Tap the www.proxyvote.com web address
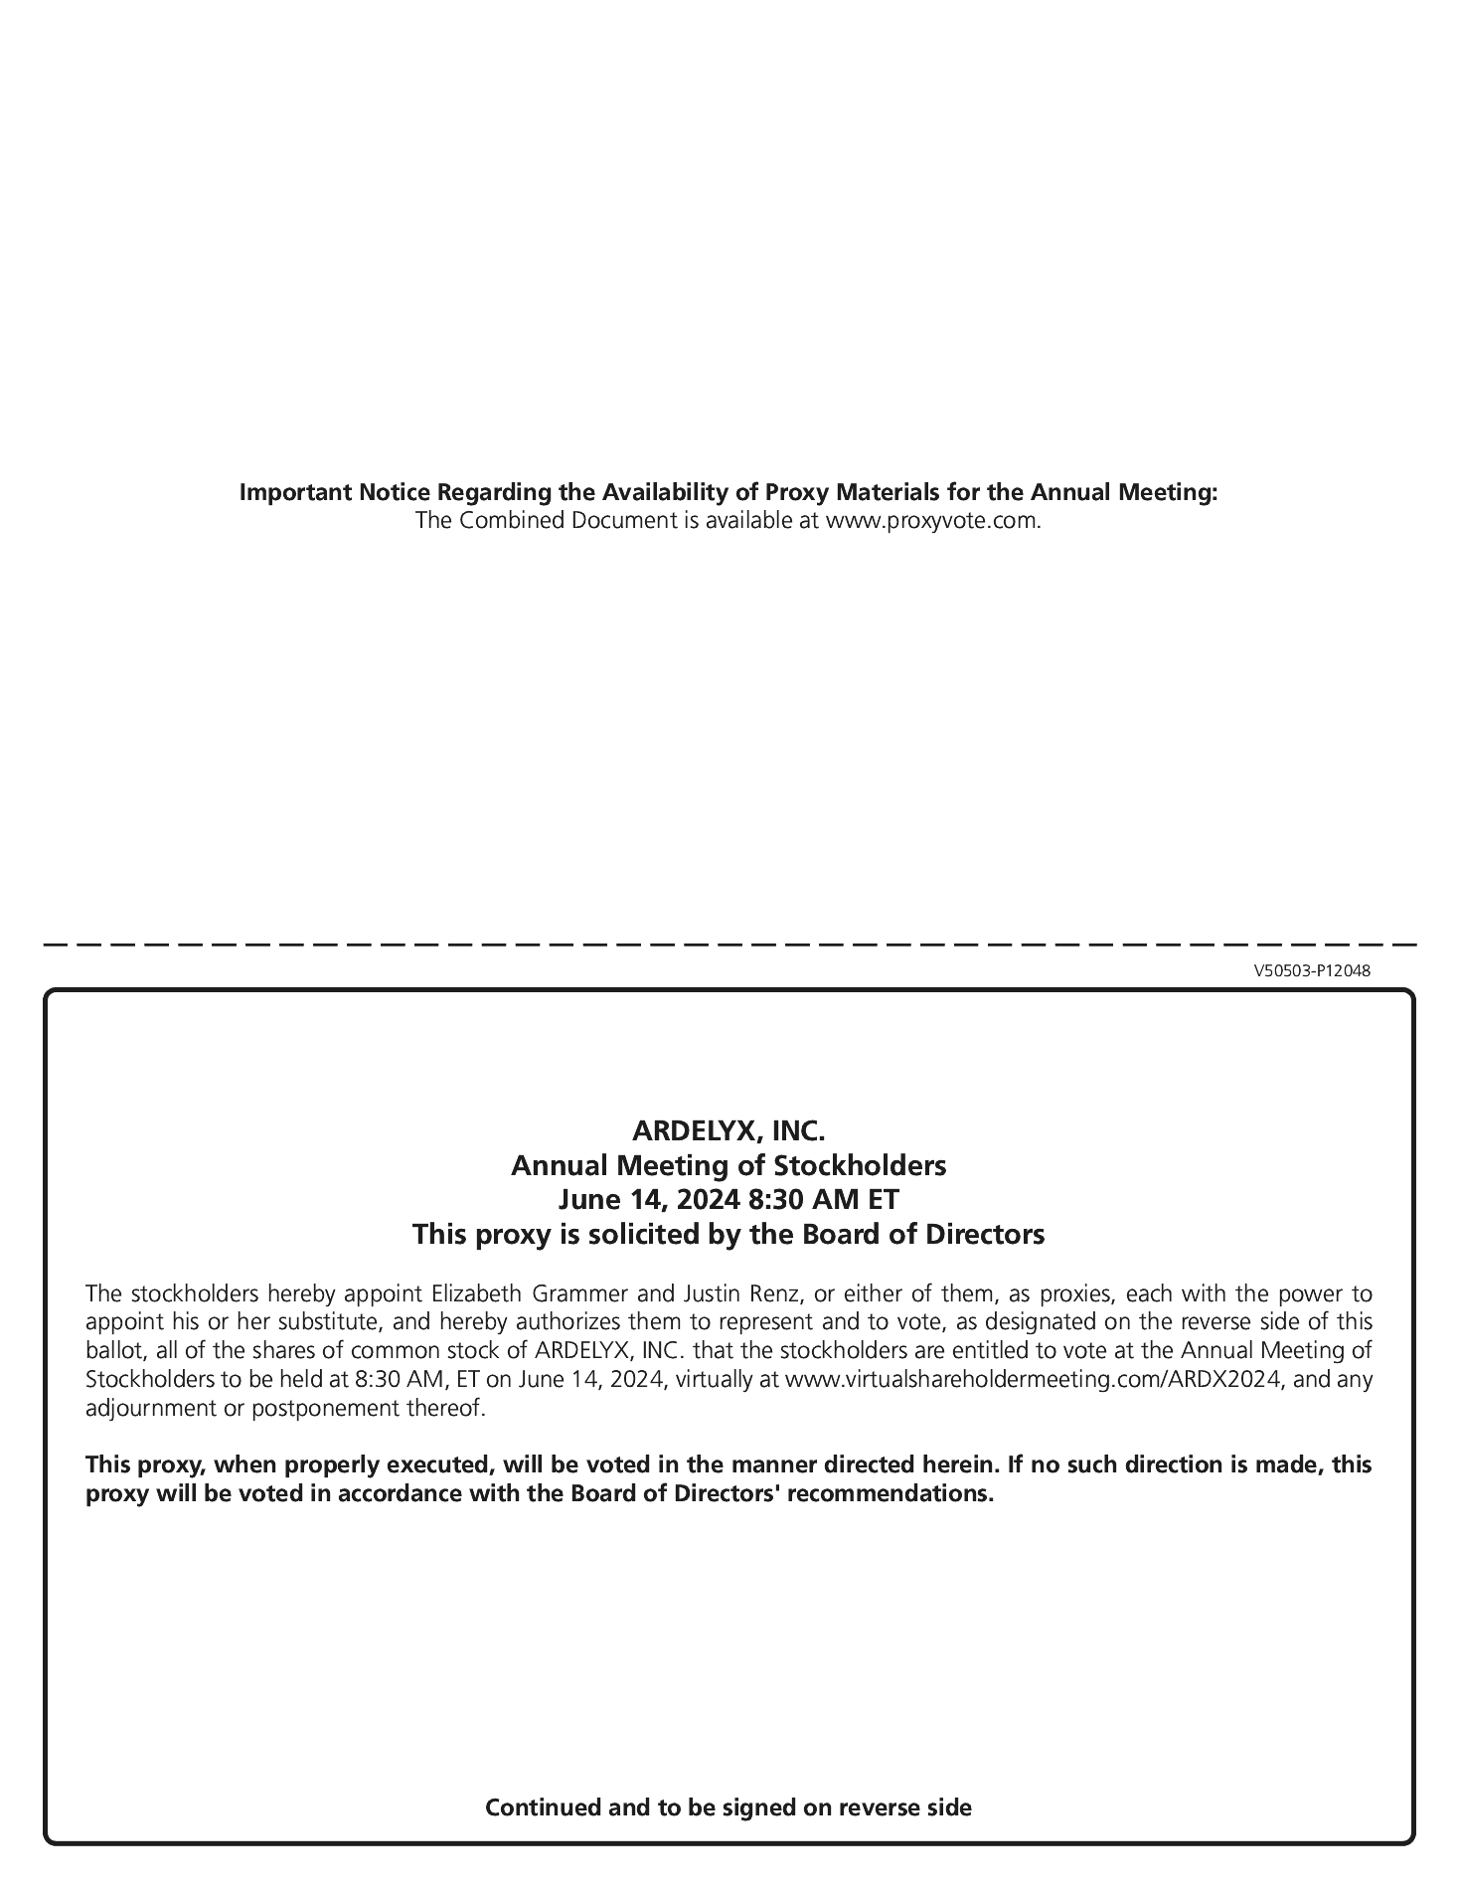click(x=933, y=520)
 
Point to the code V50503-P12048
click(x=1311, y=970)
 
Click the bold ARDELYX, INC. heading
click(x=729, y=1130)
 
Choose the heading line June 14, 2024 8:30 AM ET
click(x=729, y=1199)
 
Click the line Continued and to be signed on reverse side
click(x=729, y=1806)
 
